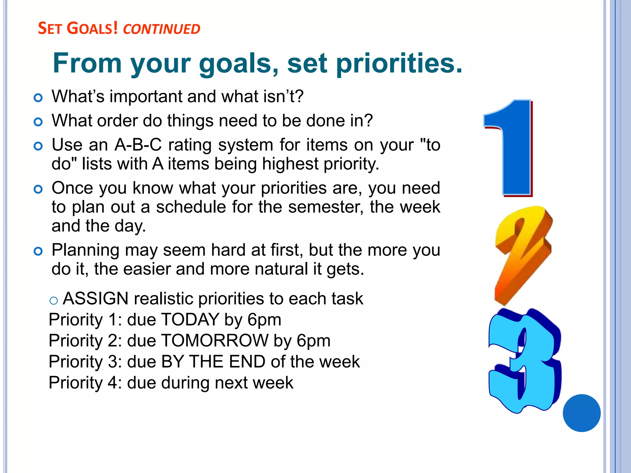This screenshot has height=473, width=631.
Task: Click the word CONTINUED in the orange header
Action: pos(161,29)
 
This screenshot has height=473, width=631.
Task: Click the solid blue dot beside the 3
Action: pos(581,413)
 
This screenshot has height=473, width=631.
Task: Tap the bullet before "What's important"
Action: pos(38,98)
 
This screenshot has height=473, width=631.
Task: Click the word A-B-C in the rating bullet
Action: pos(138,145)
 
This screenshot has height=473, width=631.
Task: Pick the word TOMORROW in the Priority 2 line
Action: pos(215,341)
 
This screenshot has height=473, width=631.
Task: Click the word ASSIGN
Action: pos(96,299)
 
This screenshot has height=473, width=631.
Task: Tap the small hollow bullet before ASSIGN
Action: pos(54,301)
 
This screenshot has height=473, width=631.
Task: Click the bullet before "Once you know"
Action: pos(38,189)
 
